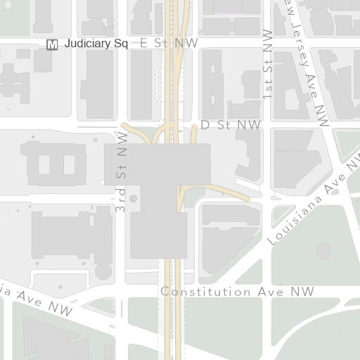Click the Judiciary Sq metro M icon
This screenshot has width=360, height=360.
tap(52, 45)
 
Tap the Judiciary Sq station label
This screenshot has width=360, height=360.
tap(96, 44)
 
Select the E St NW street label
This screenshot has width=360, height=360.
tap(169, 44)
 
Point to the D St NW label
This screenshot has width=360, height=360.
tap(231, 125)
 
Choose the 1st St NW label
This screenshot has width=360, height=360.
tap(267, 63)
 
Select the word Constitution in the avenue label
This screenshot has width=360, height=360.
tap(197, 291)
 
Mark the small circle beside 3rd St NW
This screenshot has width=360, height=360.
tap(133, 199)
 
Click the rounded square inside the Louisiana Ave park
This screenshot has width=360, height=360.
tap(323, 250)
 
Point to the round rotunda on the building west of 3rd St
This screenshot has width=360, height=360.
tap(103, 271)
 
